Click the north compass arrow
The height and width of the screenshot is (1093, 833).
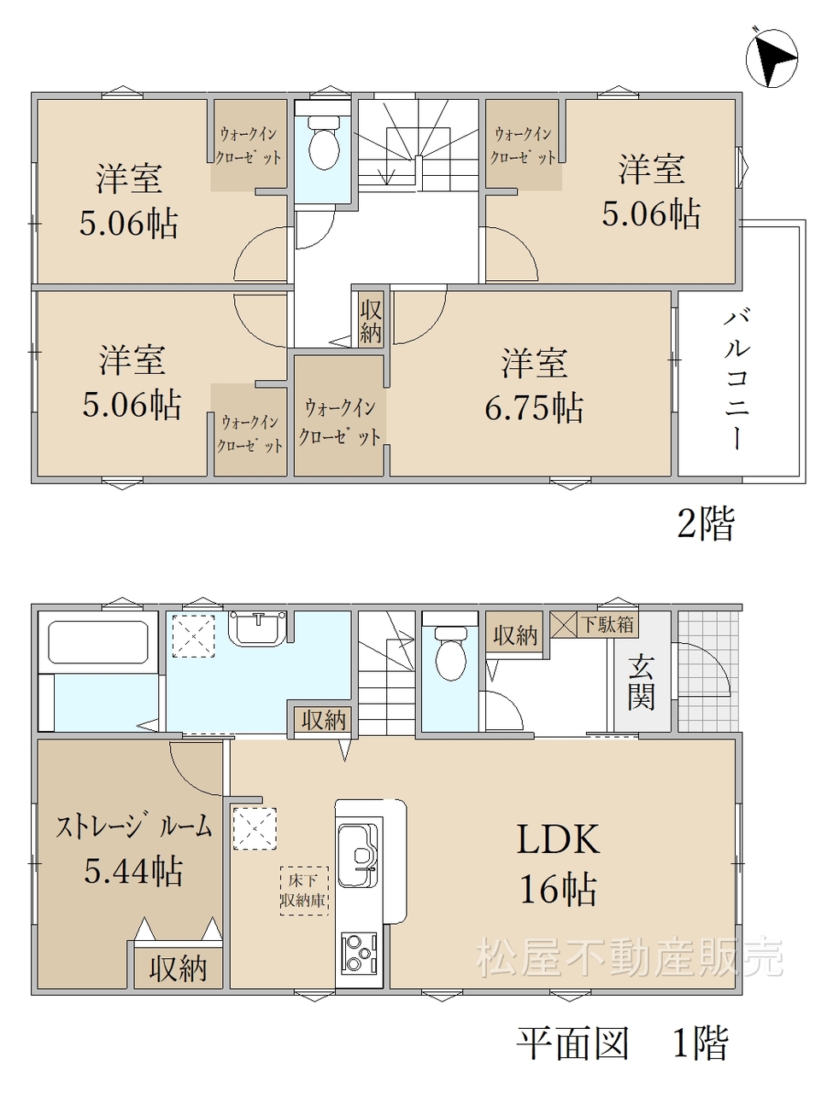pyautogui.click(x=771, y=58)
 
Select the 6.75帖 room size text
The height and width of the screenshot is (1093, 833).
pyautogui.click(x=534, y=407)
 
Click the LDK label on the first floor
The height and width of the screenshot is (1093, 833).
pyautogui.click(x=558, y=839)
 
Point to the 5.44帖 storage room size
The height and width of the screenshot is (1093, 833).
pyautogui.click(x=133, y=870)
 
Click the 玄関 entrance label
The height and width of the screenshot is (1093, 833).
pyautogui.click(x=641, y=682)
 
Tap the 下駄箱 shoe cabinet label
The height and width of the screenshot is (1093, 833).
pyautogui.click(x=607, y=624)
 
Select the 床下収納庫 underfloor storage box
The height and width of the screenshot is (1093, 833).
pyautogui.click(x=304, y=891)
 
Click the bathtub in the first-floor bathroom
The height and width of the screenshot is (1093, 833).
pyautogui.click(x=98, y=641)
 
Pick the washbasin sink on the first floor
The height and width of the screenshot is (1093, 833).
pyautogui.click(x=258, y=628)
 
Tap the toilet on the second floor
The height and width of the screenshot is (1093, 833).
pyautogui.click(x=324, y=143)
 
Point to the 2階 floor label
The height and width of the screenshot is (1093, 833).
pyautogui.click(x=706, y=523)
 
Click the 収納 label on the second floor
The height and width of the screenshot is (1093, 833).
pyautogui.click(x=371, y=322)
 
